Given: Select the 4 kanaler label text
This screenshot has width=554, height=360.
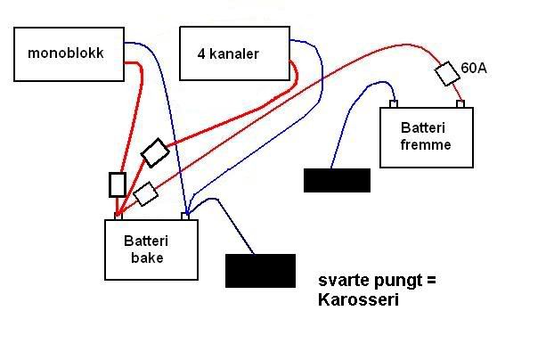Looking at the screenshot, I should (228, 53).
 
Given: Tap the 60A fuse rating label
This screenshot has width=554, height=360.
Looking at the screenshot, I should (473, 68).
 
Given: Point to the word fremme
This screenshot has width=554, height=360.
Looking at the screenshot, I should (426, 144).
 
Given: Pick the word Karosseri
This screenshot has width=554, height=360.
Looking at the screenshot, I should (355, 300).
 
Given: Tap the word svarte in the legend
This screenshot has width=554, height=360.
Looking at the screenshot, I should (340, 282).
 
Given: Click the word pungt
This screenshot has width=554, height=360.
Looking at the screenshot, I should (394, 282).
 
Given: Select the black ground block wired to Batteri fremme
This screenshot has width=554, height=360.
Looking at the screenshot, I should (337, 179).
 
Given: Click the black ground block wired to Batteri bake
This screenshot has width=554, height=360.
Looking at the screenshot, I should (260, 270).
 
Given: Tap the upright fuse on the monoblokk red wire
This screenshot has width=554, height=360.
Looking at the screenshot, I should (118, 184).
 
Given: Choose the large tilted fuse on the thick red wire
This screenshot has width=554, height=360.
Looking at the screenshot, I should (155, 152).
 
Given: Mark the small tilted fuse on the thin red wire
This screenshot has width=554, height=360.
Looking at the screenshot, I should (145, 192).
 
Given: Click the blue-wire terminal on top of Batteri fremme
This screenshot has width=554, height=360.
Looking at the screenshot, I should (394, 104).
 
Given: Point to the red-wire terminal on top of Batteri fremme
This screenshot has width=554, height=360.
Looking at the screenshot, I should (460, 104).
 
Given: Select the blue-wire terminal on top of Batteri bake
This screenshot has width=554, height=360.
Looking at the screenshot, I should (185, 217).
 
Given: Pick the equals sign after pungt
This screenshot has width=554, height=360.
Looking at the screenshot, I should (431, 282).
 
